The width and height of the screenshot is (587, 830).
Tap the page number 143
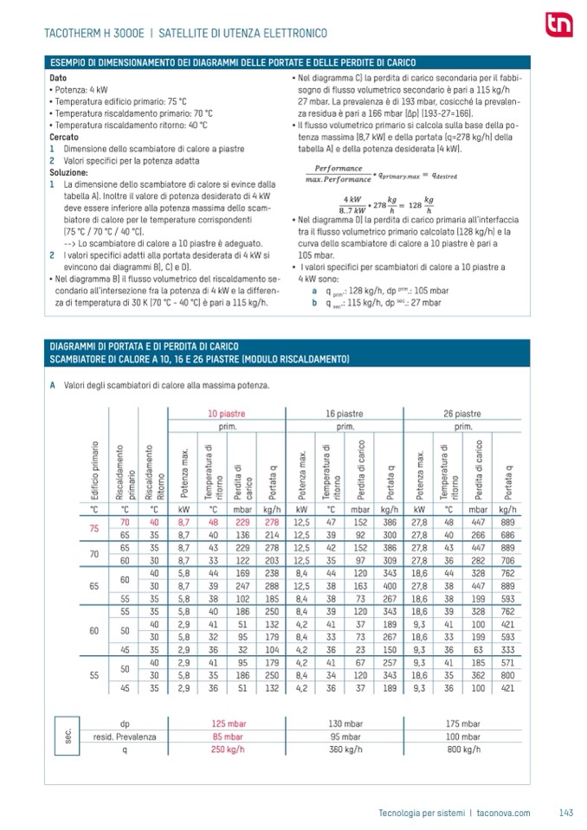(566, 812)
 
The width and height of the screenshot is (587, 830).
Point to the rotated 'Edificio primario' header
(94, 472)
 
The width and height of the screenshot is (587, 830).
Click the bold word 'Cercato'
(63, 137)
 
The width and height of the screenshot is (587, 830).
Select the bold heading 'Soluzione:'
(68, 173)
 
